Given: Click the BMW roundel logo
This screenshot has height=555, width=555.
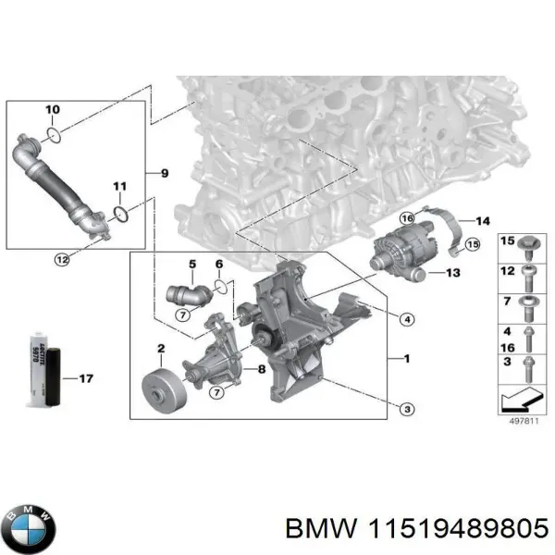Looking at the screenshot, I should click(x=29, y=528).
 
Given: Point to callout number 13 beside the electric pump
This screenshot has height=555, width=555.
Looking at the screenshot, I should click(x=452, y=273).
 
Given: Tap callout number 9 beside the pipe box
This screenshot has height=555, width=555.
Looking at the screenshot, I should click(x=165, y=172).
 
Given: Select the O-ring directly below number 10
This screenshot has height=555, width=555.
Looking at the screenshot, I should click(x=55, y=137).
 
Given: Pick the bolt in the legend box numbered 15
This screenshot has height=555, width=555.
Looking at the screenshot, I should click(x=527, y=245).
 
